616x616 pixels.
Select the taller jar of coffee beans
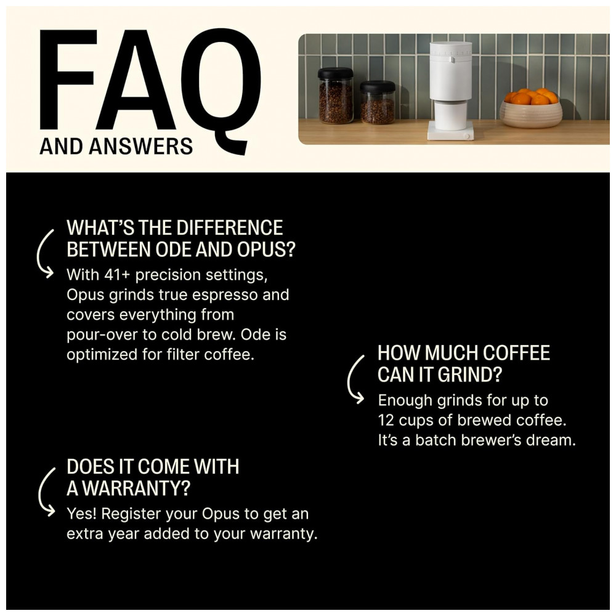point(336,95)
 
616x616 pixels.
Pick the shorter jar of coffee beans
point(378,102)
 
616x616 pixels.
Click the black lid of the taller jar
point(336,73)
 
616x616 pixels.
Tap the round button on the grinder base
point(466,136)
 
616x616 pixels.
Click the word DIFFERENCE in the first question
point(229,228)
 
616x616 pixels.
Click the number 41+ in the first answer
point(116,275)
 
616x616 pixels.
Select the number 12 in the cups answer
point(386,420)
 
